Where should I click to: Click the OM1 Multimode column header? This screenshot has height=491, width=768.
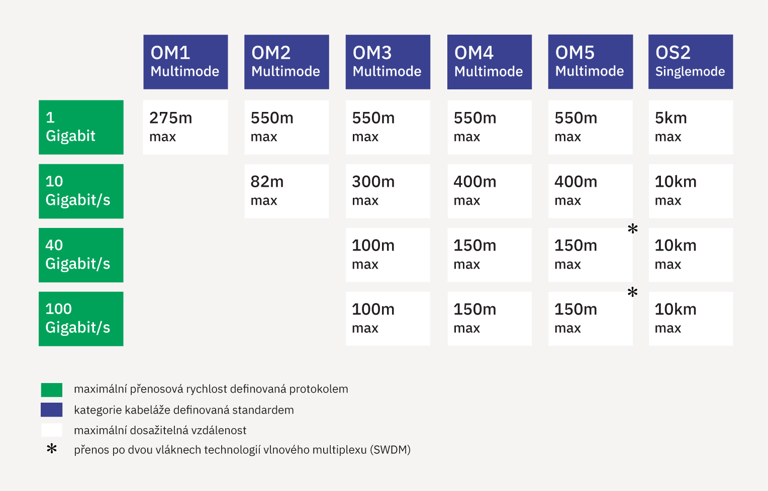click(x=185, y=62)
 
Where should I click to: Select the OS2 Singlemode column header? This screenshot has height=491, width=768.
click(x=691, y=62)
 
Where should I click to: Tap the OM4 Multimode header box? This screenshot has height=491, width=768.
click(x=490, y=62)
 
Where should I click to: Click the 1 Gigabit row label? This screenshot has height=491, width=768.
click(x=81, y=128)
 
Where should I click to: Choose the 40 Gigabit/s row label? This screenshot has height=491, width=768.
click(x=81, y=255)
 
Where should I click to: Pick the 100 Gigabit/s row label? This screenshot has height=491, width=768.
click(x=81, y=319)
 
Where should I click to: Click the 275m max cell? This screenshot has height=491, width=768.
click(x=185, y=128)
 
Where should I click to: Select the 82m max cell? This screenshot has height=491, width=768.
click(x=286, y=191)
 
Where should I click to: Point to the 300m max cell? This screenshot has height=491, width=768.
click(x=388, y=191)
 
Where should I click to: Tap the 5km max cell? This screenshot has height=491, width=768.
click(x=691, y=128)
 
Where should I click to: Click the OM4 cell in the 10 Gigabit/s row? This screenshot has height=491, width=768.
click(x=490, y=191)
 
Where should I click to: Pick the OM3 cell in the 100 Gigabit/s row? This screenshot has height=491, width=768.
click(x=388, y=319)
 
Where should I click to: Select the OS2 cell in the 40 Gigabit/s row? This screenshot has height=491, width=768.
click(x=691, y=255)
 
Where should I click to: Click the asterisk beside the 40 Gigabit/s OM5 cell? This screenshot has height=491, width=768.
click(x=633, y=228)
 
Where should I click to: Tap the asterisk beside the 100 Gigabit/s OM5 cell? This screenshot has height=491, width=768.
click(x=633, y=292)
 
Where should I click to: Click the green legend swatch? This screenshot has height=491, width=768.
click(x=52, y=390)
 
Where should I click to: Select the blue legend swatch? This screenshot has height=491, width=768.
click(x=52, y=410)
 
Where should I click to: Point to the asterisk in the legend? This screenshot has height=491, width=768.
click(x=52, y=448)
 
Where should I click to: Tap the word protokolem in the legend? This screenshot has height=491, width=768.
click(x=319, y=389)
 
